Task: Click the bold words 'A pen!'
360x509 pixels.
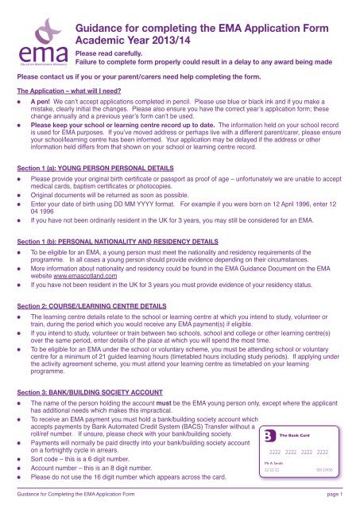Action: point(44,103)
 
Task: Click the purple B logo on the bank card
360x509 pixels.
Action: point(271,434)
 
